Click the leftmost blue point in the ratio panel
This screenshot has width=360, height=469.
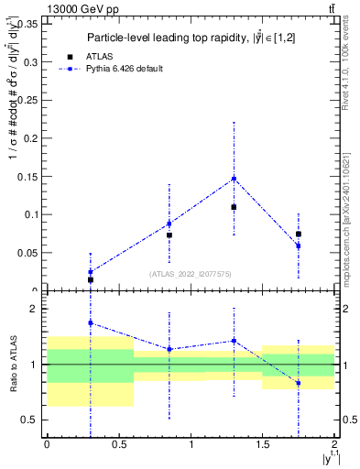[90, 323]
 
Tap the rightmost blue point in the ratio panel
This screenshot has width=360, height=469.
[299, 383]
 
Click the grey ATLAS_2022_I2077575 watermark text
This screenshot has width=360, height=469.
[191, 273]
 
